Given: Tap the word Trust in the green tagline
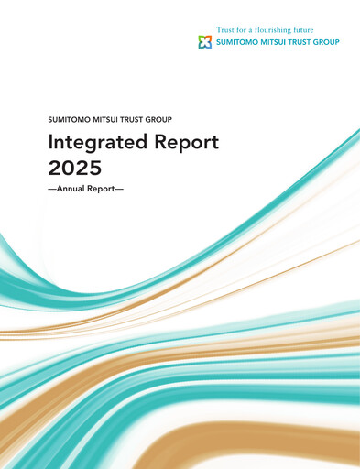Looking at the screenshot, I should point(225,30).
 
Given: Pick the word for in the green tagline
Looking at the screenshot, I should point(245,30).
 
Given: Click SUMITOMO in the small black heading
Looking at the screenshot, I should point(66,120).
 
